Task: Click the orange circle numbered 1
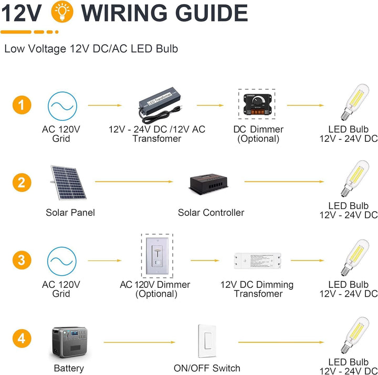click(22, 105)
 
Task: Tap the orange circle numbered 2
click(22, 182)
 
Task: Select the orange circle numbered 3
click(22, 260)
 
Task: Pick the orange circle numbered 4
click(22, 338)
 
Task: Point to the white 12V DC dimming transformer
click(257, 261)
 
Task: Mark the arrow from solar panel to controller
click(134, 182)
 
